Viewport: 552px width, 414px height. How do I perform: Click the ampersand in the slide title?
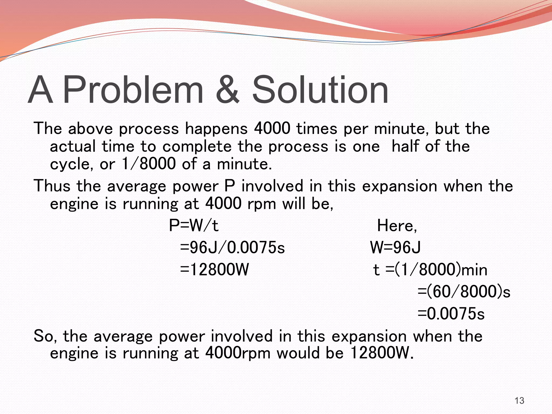227,89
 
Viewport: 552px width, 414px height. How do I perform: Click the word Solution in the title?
320,89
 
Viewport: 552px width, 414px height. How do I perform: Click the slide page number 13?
519,401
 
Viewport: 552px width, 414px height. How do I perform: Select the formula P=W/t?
194,226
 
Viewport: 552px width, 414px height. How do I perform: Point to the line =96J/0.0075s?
232,247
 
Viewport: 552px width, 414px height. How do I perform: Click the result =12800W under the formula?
214,269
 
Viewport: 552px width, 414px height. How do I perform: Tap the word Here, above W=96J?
397,226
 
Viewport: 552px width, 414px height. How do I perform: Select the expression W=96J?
395,247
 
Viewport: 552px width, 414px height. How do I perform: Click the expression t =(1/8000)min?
430,270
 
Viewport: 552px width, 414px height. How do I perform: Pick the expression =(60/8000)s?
464,292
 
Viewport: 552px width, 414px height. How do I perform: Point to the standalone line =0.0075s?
451,314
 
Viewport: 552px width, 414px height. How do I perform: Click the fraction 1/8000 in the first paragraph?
149,164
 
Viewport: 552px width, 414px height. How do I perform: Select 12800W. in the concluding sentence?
382,353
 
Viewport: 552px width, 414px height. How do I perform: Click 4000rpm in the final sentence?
238,353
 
